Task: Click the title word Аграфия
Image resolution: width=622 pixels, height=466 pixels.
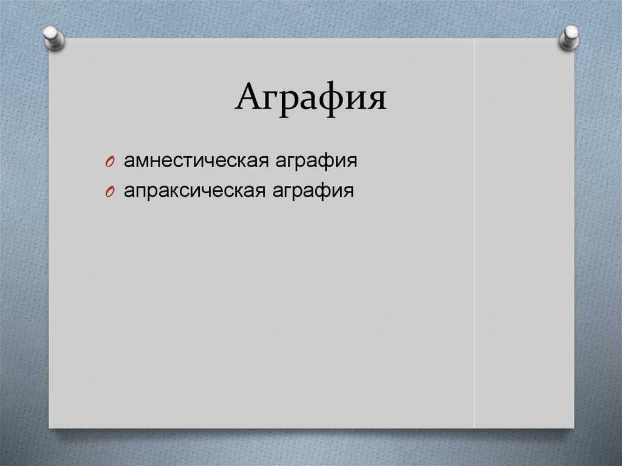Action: (x=310, y=98)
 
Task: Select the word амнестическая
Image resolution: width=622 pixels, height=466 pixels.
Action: (x=196, y=161)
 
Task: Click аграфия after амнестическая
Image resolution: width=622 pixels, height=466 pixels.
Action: (x=316, y=162)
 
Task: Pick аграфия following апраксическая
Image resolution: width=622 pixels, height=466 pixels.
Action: (x=313, y=191)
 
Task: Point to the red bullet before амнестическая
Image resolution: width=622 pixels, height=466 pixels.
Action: (x=110, y=162)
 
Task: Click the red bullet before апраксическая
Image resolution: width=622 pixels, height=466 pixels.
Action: (x=110, y=192)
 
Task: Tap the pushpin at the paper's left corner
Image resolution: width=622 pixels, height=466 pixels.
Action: (x=53, y=38)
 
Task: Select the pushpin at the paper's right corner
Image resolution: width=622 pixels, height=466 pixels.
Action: (x=569, y=38)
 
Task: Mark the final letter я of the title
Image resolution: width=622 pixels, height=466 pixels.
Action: (x=377, y=100)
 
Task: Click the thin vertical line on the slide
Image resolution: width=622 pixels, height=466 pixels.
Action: (x=474, y=233)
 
